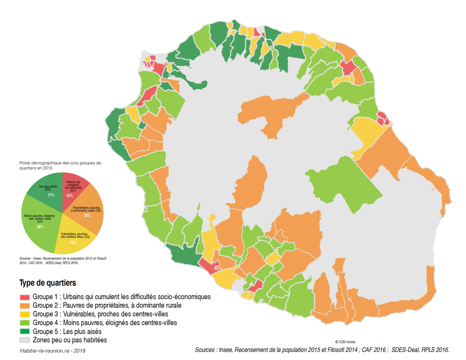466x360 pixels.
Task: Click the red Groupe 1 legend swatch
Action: point(25,297)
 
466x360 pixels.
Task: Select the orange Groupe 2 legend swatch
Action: point(25,306)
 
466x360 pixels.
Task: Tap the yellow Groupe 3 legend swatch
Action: point(25,314)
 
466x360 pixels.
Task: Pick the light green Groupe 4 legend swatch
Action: point(25,323)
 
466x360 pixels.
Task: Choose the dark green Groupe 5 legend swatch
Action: point(25,332)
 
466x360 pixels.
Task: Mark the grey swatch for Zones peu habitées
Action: point(25,340)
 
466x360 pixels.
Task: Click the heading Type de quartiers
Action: point(48,283)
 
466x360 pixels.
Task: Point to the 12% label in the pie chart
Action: point(69,196)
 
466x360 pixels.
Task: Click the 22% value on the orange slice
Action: point(87,215)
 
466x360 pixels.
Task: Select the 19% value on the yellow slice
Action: point(73,243)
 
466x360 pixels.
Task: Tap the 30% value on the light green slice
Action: point(40,227)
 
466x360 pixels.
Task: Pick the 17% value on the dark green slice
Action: point(51,195)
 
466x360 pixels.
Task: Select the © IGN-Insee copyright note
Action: point(345,342)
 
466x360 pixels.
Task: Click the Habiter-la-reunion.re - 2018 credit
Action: point(52,351)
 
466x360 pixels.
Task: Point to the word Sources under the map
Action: point(205,350)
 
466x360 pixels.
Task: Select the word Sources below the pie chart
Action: point(25,259)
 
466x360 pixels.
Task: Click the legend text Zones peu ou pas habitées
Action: point(70,340)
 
